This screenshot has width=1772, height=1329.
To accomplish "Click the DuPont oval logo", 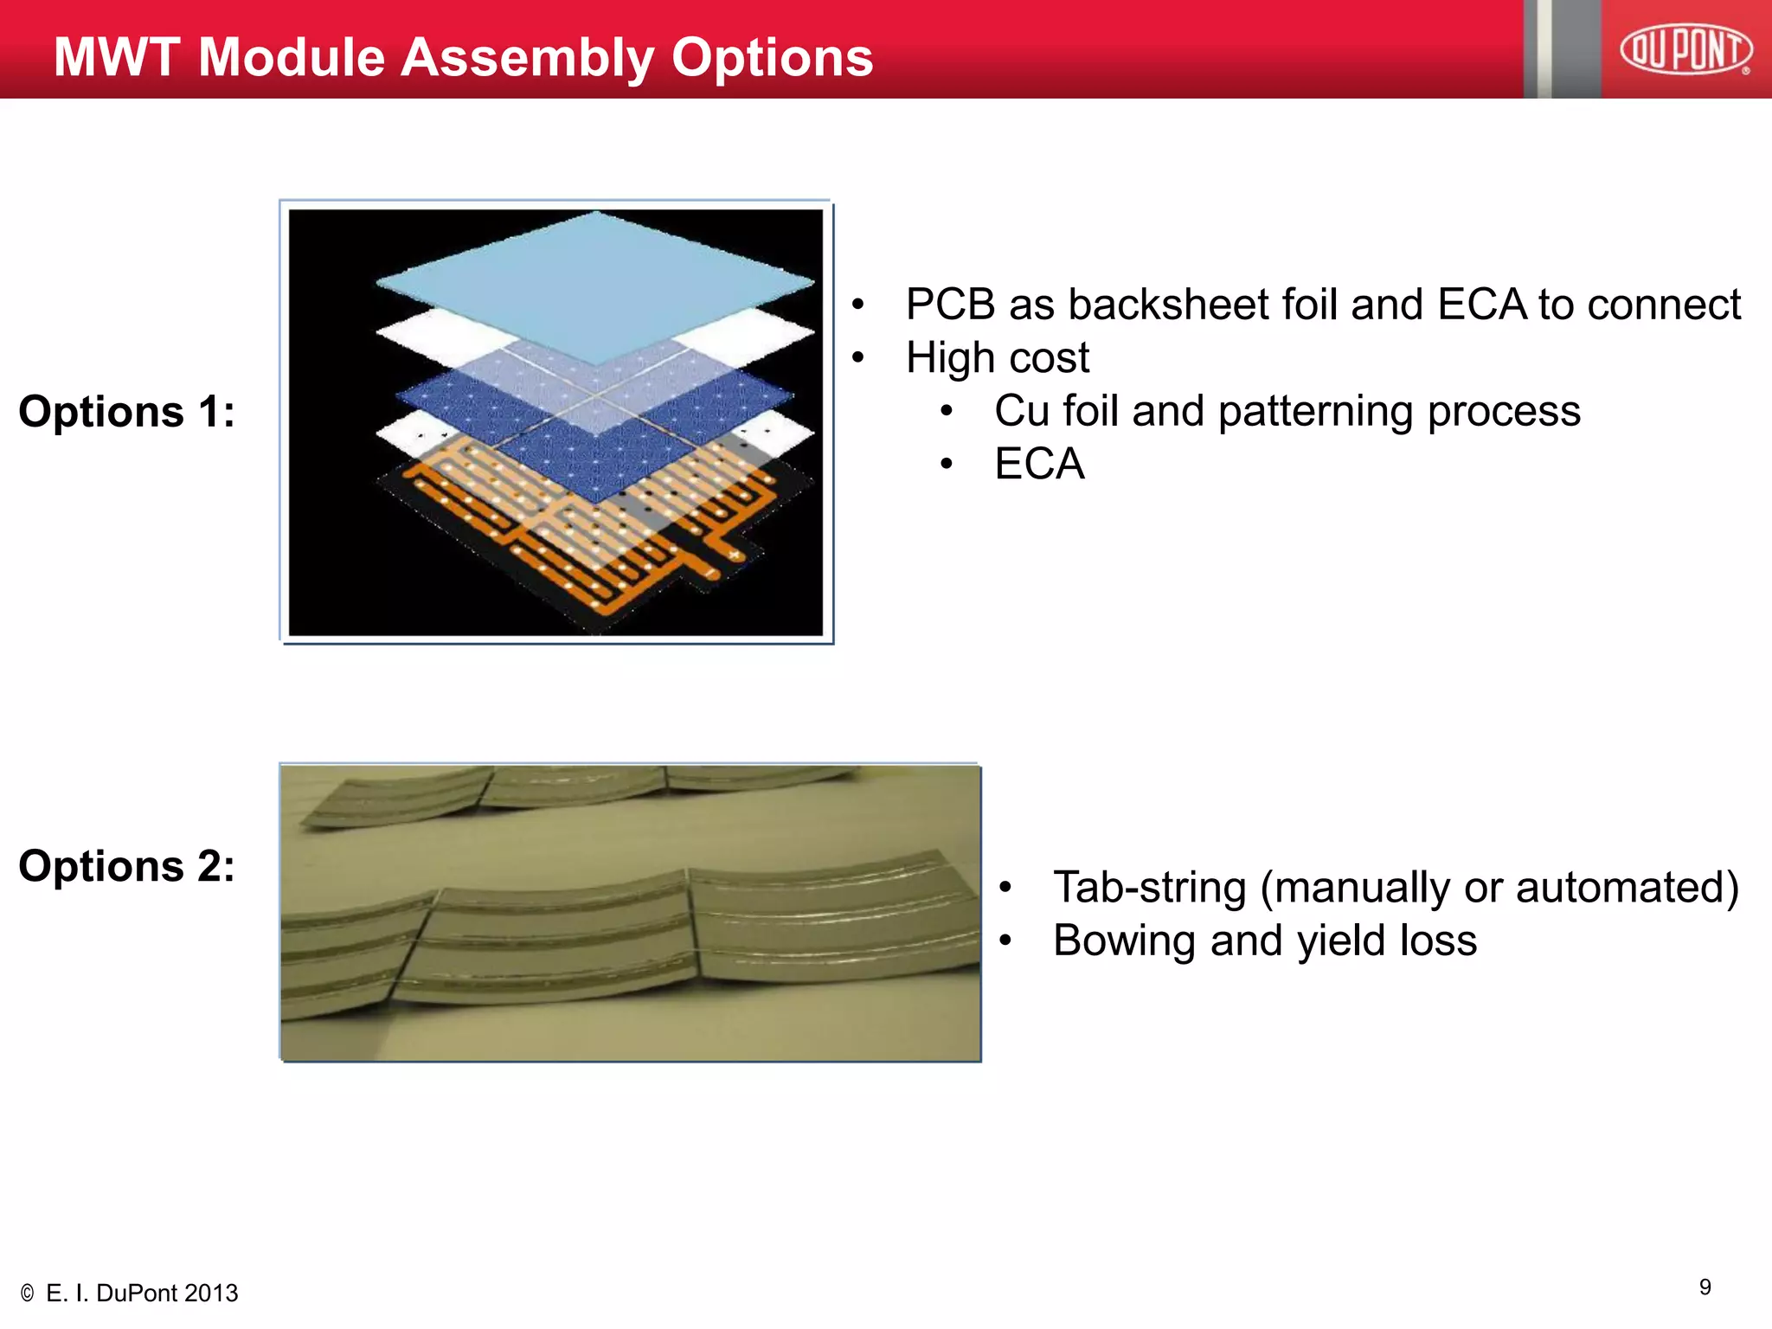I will [1685, 49].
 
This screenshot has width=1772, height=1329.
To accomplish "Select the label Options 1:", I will [126, 411].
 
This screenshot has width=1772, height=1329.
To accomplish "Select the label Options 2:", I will [126, 866].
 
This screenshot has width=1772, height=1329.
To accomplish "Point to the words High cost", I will [997, 357].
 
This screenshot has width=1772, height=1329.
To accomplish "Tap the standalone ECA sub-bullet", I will [1038, 464].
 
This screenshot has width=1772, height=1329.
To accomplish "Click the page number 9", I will [1705, 1287].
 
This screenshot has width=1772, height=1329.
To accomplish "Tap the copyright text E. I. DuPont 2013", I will [141, 1294].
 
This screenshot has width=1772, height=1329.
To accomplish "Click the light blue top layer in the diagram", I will [597, 277].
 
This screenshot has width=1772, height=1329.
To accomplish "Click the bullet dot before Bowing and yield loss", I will [1005, 941].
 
